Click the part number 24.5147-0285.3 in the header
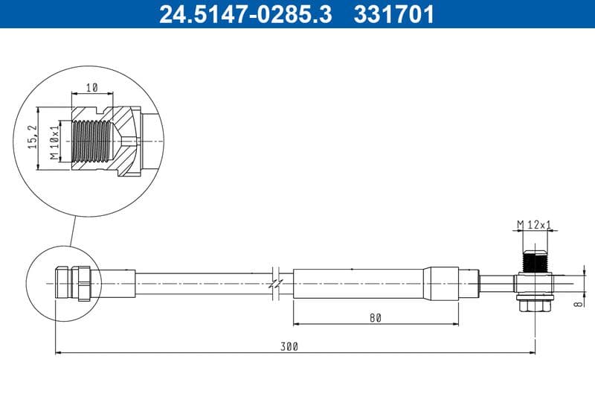pyautogui.click(x=245, y=14)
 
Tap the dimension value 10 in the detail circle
pyautogui.click(x=91, y=87)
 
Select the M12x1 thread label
pyautogui.click(x=535, y=224)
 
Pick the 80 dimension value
pyautogui.click(x=375, y=317)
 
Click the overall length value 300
pyautogui.click(x=290, y=346)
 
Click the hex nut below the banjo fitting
pyautogui.click(x=535, y=305)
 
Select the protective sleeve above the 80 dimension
pyautogui.click(x=357, y=284)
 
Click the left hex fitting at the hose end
pyautogui.click(x=80, y=284)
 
